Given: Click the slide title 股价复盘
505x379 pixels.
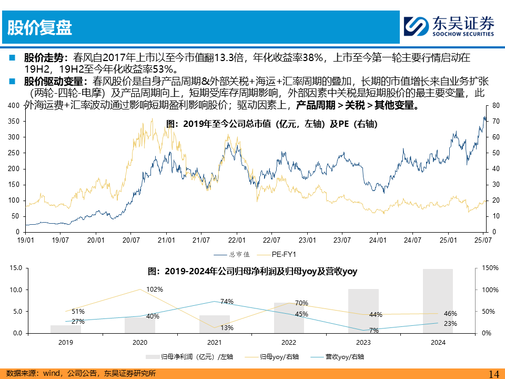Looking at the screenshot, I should (40, 27).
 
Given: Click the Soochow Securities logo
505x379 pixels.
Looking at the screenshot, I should (449, 26).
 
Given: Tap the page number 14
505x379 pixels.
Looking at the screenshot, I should (493, 373).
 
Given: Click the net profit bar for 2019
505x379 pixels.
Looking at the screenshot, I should (66, 329).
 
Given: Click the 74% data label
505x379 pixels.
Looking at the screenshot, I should (227, 302).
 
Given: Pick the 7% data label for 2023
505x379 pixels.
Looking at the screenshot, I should (374, 330).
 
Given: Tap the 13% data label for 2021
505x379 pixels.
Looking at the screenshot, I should (227, 328).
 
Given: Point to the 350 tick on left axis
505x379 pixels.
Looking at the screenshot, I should (14, 122).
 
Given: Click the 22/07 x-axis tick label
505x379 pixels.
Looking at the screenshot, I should (271, 240).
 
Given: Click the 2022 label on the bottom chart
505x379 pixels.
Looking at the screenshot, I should (289, 342).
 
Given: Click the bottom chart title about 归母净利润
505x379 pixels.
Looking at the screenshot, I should (252, 272).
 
